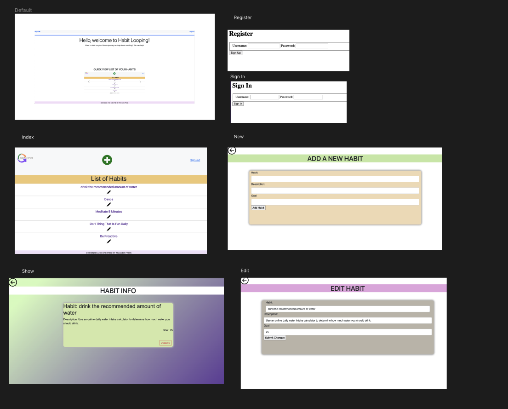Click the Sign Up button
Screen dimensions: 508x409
coord(235,53)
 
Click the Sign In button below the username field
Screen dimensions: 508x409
coord(238,104)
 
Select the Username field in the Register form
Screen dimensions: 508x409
coord(264,46)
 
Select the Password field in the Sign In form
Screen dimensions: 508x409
coord(308,97)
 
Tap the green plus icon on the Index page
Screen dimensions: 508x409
coord(107,160)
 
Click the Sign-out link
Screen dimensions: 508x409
coord(195,160)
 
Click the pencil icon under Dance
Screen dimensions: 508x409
coord(109,204)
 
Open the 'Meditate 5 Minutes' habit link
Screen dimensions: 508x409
coord(108,212)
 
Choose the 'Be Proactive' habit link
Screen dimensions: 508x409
coord(108,236)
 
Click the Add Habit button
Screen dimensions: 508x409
coord(258,208)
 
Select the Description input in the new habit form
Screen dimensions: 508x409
coord(335,190)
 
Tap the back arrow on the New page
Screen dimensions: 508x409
coord(232,150)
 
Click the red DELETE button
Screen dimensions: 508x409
coord(166,343)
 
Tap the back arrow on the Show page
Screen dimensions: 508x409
coord(13,282)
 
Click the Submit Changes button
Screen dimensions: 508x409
coord(275,338)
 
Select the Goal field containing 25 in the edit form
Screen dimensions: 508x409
coord(347,332)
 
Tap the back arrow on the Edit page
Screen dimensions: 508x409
coord(245,281)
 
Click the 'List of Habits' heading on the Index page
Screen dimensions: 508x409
coord(109,179)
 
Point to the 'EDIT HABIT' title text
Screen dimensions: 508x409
coord(348,288)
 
